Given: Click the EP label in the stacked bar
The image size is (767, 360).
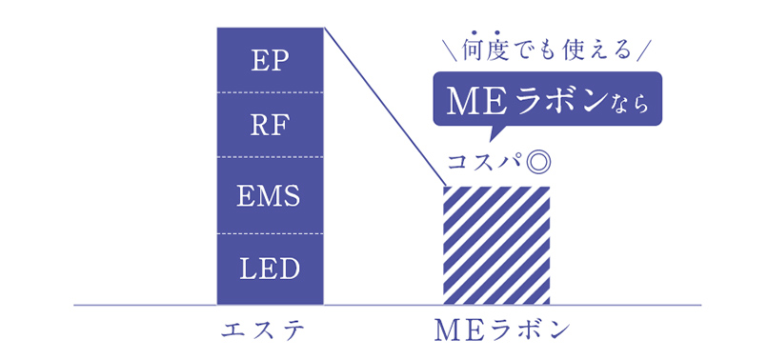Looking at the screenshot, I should point(271,60).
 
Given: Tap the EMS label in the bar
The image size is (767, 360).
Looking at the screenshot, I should point(271,196).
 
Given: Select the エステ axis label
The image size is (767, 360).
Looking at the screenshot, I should point(270,330).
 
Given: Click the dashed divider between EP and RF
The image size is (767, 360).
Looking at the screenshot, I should point(271,92).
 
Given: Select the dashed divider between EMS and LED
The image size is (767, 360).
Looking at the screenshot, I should point(271,233).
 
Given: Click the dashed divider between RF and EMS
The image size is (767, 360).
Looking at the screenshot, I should point(271,157).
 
